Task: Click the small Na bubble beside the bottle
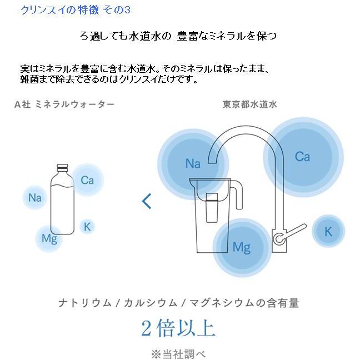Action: [35, 198]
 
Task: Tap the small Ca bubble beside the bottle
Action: [87, 180]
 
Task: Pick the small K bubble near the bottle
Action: [87, 226]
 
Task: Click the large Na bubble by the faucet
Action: [192, 164]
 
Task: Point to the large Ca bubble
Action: [302, 157]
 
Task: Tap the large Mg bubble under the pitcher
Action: [241, 247]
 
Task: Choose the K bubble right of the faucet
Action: [328, 231]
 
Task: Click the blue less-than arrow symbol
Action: [147, 201]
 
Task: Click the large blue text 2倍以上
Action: [178, 328]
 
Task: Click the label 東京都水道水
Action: [249, 104]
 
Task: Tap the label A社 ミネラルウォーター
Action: [64, 104]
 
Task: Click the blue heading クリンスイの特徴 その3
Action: [75, 10]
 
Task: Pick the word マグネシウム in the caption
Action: [220, 303]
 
